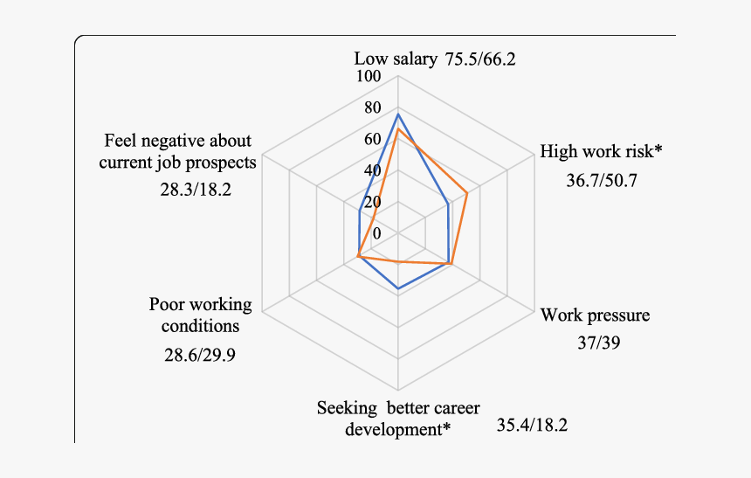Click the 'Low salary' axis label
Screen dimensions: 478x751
click(x=395, y=59)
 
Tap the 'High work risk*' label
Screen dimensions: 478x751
click(x=601, y=151)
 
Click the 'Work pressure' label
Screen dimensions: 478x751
click(x=596, y=315)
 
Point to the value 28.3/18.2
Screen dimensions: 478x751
click(x=195, y=189)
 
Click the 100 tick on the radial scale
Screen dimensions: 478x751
click(x=369, y=77)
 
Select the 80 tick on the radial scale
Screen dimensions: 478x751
click(x=373, y=108)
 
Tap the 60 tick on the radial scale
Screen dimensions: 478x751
click(x=373, y=140)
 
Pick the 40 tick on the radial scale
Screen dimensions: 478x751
click(x=373, y=170)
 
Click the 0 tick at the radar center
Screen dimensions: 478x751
click(x=377, y=233)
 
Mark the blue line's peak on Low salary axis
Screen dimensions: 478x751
click(x=398, y=114)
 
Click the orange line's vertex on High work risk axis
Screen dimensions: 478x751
click(x=467, y=193)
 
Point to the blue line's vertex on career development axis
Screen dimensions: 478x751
click(x=398, y=288)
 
